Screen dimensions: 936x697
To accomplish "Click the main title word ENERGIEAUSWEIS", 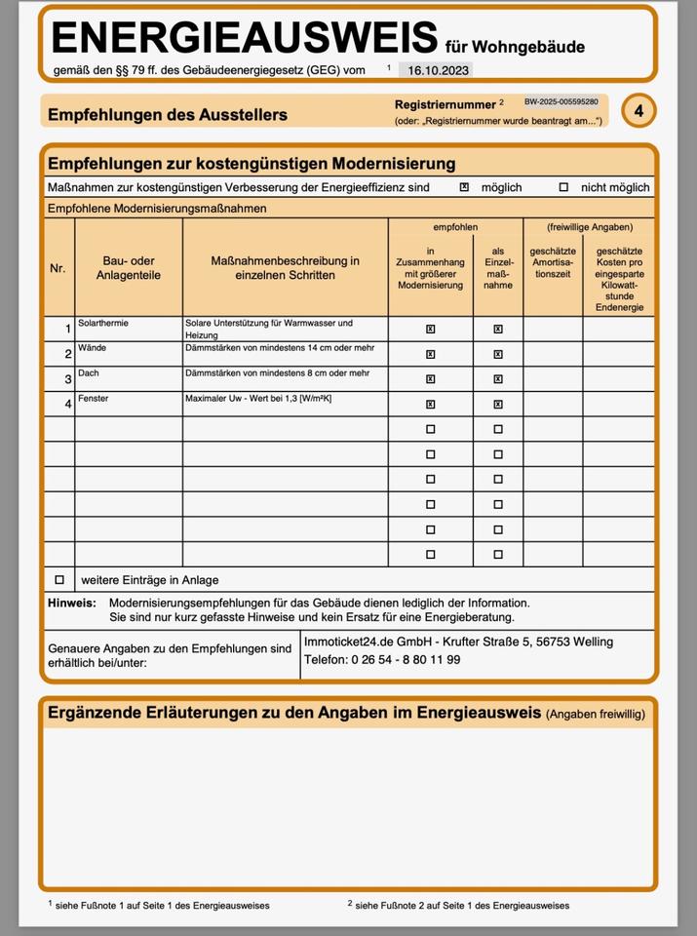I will [244, 37].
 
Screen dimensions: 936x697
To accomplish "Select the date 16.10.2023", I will [439, 70].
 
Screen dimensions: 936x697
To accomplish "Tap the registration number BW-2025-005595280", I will [561, 102].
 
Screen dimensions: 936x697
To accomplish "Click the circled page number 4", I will [639, 111].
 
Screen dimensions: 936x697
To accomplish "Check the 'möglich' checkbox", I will [464, 187].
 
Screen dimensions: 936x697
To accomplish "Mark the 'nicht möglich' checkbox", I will [563, 187].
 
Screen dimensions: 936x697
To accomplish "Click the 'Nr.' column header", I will [58, 268].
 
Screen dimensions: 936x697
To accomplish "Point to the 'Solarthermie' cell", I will [103, 323].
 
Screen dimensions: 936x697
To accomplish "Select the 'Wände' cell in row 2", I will [93, 347].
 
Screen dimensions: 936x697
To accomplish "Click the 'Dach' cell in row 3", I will [89, 373].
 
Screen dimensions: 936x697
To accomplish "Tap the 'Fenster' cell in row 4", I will [94, 399].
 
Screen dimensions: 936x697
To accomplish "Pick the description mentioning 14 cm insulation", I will [278, 347].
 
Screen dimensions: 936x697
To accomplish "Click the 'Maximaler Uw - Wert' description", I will [258, 399].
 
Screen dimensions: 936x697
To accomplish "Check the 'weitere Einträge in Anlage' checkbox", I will [59, 579].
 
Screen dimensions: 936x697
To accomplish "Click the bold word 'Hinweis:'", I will [72, 604].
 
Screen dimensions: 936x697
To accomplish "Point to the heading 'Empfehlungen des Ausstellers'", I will [168, 115].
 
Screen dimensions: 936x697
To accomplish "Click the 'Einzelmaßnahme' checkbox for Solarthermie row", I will [498, 329].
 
